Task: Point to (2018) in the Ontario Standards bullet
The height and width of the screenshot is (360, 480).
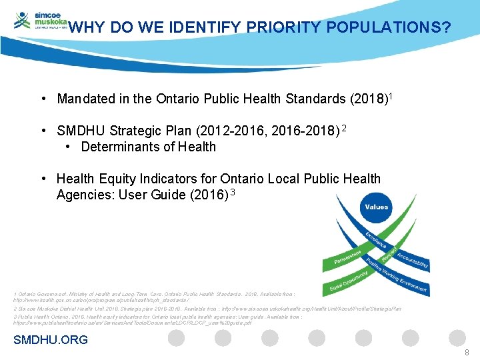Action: pyautogui.click(x=369, y=99)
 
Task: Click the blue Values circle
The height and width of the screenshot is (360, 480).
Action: pyautogui.click(x=377, y=207)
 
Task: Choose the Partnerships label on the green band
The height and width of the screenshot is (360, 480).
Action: pyautogui.click(x=354, y=257)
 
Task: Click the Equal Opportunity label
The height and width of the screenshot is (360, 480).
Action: pyautogui.click(x=349, y=281)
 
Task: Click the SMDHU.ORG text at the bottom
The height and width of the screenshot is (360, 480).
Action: pyautogui.click(x=51, y=340)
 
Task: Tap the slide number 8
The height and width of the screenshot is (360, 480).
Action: pyautogui.click(x=467, y=352)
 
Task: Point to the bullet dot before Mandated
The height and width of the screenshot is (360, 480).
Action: pyautogui.click(x=43, y=99)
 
